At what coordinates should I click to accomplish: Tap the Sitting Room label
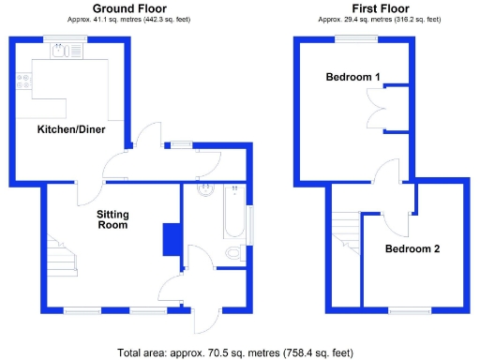coord(113,219)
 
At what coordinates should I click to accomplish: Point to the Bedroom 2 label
coord(413,249)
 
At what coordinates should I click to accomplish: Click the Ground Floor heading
coord(129,8)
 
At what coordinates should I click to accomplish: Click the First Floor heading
coord(379,8)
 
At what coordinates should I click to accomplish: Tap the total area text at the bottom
coord(235,352)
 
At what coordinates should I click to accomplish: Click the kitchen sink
coord(64,52)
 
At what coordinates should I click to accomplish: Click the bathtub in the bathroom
coord(232,214)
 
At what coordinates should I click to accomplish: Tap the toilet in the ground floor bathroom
coord(234,251)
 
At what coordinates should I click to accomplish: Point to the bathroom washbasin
coord(206,191)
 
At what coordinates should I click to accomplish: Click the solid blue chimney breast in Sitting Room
coord(171,239)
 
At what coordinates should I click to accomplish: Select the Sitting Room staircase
coord(62,253)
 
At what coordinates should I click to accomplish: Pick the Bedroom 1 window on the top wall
coord(357,37)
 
